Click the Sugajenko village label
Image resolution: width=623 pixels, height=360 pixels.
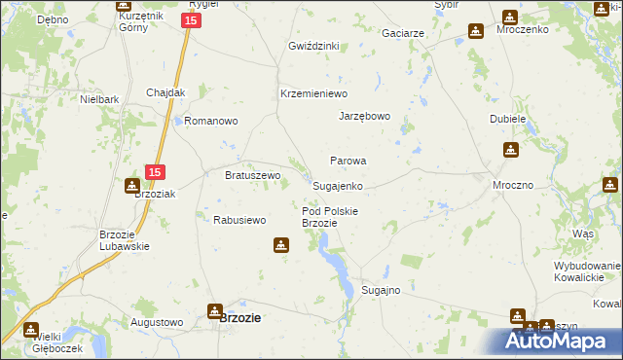coord(338,185)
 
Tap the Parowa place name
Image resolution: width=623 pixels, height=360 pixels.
coord(348,161)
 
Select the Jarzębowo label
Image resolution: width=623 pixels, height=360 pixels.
coord(364,116)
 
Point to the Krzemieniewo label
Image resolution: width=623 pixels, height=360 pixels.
coord(313,93)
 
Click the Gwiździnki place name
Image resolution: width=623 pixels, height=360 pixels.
coord(313,46)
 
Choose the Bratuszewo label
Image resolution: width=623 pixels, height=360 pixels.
coord(253,175)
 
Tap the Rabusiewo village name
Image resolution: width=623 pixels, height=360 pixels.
coord(239,220)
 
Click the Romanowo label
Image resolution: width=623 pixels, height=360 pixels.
coord(211,122)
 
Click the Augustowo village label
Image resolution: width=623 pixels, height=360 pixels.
coord(157,321)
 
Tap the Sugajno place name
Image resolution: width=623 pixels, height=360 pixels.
coord(381,290)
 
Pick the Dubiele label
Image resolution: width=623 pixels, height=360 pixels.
coord(508,119)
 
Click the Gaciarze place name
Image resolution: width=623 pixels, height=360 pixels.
coord(403,33)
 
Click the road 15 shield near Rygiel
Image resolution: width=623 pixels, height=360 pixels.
coord(192,19)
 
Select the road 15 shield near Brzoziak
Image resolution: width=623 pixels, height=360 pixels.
coord(155,172)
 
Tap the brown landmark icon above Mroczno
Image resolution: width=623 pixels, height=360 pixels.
coord(511,150)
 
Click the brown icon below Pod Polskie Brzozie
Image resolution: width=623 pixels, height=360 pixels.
coord(282,245)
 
